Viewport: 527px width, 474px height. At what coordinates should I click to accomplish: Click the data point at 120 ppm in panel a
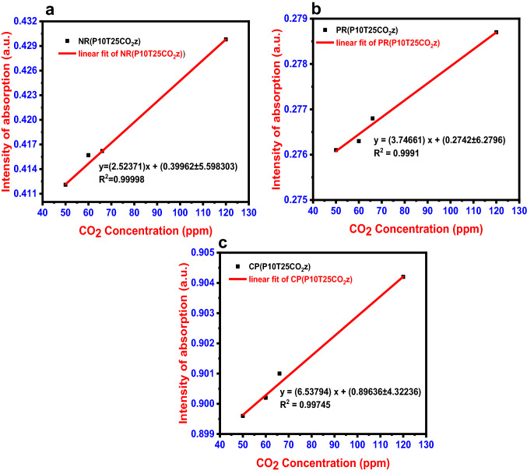[x=226, y=39]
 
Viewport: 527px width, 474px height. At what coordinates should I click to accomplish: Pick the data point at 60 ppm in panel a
[x=88, y=155]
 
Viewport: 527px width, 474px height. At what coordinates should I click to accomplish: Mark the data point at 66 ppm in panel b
[x=372, y=118]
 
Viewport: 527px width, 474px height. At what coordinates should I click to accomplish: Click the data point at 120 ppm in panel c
[x=403, y=277]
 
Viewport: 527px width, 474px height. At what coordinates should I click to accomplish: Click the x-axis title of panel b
[x=403, y=229]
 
